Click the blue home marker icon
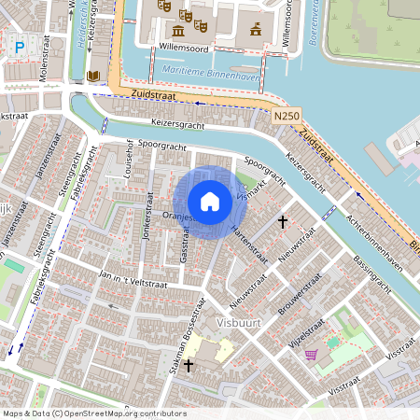210,201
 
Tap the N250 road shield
288,114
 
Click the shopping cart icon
311,354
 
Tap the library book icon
93,76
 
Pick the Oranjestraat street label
177,217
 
